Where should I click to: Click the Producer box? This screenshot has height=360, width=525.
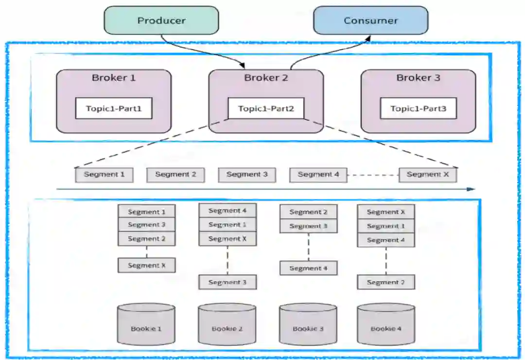pos(161,20)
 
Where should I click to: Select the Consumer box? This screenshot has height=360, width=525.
pos(370,20)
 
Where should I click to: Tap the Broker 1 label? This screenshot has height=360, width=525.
pos(114,78)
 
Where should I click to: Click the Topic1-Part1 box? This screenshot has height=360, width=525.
pos(114,108)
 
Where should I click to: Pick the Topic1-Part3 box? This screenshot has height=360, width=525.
pos(418,108)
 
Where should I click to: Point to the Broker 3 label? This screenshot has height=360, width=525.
pos(418,78)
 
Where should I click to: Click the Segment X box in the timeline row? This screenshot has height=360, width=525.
pos(428,175)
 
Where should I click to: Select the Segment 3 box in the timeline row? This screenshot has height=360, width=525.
pos(247,175)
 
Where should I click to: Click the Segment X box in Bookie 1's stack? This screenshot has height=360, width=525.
pos(146,265)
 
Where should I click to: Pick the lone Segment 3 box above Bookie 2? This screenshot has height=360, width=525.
pos(227,282)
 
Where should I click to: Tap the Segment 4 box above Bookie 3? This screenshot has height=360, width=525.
pos(308,268)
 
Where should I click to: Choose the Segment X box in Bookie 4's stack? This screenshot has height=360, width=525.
pos(386,212)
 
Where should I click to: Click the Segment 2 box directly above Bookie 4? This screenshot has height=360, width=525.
pos(386,282)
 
